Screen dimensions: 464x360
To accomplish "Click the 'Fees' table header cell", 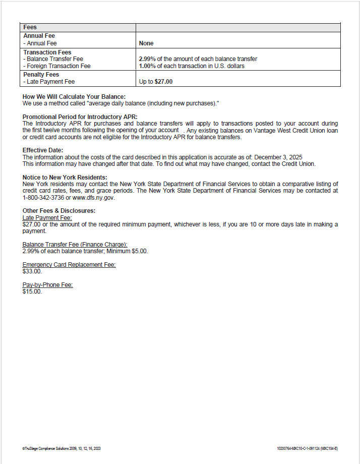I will (30, 27).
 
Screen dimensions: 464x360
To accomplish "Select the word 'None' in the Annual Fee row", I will (146, 43).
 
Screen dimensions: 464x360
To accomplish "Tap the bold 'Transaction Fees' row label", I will (47, 52).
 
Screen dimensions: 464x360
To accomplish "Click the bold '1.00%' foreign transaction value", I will (147, 66).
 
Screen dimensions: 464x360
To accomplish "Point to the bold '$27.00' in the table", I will (164, 81).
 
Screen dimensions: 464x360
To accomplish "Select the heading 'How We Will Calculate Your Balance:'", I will (74, 97).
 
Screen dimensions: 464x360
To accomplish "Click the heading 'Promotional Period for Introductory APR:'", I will (80, 117).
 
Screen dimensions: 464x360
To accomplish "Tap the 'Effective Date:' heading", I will (43, 150).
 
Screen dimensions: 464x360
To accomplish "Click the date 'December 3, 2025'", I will (278, 157).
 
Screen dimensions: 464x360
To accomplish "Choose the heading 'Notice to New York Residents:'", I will (65, 177).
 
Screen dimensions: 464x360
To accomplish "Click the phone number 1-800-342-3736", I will (42, 197).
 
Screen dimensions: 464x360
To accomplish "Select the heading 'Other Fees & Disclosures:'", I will (59, 210).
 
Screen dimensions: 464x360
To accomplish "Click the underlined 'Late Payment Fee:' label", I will (47, 217).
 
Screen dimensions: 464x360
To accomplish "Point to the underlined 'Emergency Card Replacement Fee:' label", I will (69, 265).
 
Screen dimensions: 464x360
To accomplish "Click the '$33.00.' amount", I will (32, 271).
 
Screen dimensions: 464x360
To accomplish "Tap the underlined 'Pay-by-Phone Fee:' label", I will (48, 285).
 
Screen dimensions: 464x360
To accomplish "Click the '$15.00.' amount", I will (32, 292).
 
